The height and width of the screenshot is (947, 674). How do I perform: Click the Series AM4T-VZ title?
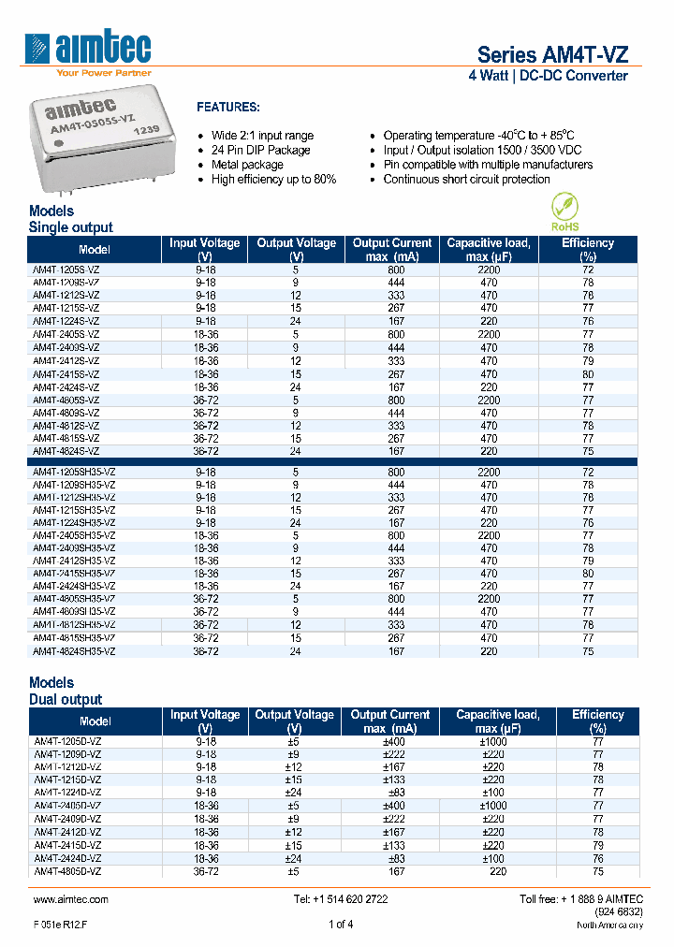point(552,54)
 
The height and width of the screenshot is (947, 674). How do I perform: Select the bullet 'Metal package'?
point(247,165)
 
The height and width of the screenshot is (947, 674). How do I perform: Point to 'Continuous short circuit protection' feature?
point(466,180)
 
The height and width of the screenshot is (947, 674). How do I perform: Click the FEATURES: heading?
point(228,108)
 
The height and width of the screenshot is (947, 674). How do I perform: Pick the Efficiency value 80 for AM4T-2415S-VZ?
point(588,373)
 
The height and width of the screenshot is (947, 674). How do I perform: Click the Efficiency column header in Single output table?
point(588,249)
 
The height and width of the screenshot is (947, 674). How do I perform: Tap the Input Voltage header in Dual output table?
point(205,721)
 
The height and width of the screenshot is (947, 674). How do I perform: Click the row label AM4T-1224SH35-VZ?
point(75,523)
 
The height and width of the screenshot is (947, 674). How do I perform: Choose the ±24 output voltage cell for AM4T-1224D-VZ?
point(294,792)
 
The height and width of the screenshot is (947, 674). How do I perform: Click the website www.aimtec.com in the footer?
point(71,899)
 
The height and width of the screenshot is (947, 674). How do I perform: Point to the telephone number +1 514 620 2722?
point(341,899)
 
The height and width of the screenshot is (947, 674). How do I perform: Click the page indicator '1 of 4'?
point(341,925)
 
